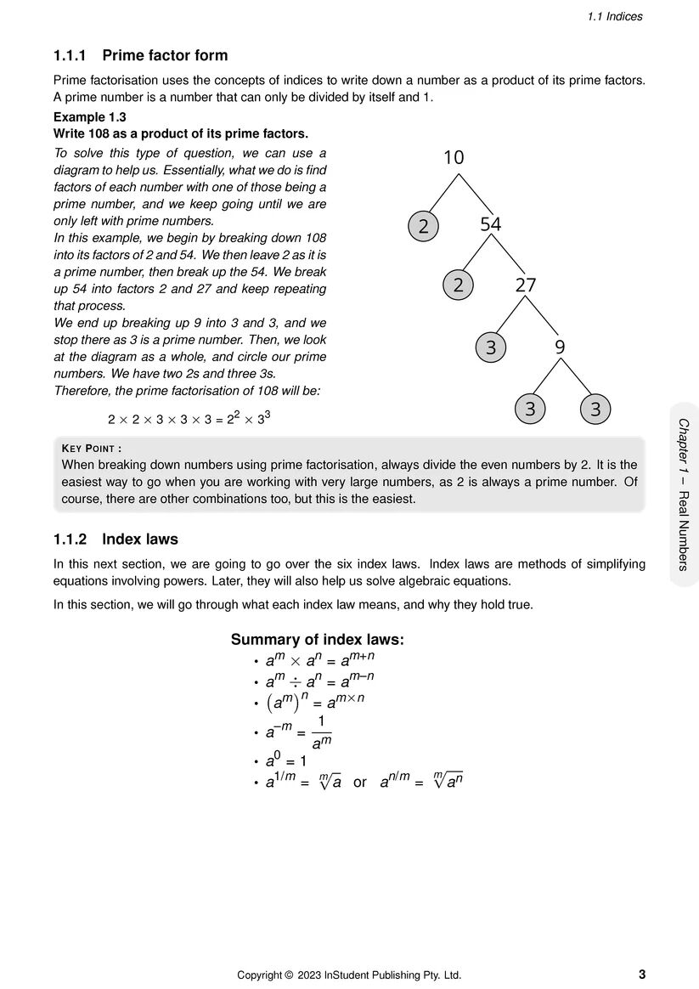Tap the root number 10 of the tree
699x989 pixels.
[x=454, y=157]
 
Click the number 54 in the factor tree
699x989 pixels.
[x=491, y=225]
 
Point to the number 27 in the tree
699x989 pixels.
[x=526, y=285]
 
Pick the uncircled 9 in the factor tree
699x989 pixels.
[x=560, y=348]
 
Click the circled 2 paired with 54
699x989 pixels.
[x=424, y=226]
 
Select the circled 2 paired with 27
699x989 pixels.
[x=459, y=285]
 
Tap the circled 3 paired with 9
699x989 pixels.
[x=491, y=348]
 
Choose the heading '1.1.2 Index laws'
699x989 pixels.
[x=116, y=540]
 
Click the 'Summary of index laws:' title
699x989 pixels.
[x=317, y=640]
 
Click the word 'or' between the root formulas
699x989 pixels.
[x=360, y=783]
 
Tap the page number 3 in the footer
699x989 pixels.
[x=641, y=975]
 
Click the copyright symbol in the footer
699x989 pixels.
[x=289, y=975]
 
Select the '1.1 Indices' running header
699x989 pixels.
[x=615, y=16]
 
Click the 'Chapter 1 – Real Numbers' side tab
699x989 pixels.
[x=684, y=494]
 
